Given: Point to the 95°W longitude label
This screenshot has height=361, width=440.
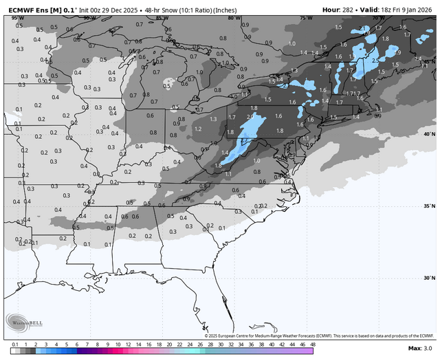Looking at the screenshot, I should pos(18,18).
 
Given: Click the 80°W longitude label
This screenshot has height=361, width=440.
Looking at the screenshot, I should pos(234,18).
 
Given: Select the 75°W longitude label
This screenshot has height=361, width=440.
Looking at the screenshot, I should pos(305,18).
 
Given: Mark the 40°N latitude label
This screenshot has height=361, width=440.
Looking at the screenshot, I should pos(429,134).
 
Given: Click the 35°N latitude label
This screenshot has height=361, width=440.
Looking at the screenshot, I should pos(429,206).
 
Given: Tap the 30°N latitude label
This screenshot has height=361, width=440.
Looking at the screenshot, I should pos(429,278).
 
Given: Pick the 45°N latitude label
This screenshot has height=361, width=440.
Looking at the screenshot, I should pos(429,62).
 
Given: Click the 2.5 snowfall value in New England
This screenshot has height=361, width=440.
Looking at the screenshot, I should pos(375,61).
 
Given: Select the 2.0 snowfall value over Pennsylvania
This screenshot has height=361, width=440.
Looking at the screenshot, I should pos(250,118).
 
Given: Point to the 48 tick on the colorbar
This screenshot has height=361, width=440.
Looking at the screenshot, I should pos(312,344).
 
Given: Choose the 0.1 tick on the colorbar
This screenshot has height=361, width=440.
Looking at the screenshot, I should pos(14,344).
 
